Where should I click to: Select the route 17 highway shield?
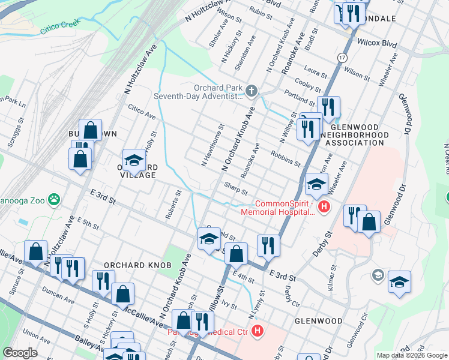342,58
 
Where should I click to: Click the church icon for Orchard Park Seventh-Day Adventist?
251,91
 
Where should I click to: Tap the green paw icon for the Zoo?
55,198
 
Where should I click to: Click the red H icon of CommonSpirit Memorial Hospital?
324,207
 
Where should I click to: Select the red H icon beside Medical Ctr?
258,331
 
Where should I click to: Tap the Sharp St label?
236,188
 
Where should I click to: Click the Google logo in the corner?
20,353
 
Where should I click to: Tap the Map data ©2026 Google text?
412,355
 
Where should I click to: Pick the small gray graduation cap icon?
378,275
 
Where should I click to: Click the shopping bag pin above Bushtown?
90,129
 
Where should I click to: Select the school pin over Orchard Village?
134,160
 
